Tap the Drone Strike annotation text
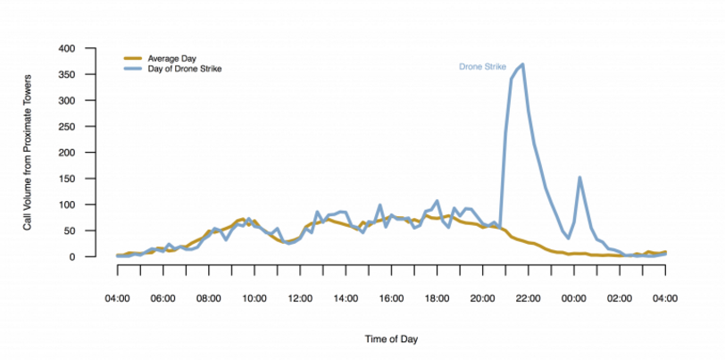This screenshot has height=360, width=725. click(481, 67)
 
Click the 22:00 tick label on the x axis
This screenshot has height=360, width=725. click(528, 298)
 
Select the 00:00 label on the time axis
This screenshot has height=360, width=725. click(573, 298)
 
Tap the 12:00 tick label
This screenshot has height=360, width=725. click(300, 298)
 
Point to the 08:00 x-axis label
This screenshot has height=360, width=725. click(208, 298)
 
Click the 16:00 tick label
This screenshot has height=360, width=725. click(391, 298)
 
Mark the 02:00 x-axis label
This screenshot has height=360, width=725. click(619, 298)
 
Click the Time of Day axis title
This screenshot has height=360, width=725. click(390, 339)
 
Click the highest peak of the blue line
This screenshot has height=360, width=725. click(521, 64)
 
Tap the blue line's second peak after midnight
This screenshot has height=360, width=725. click(579, 178)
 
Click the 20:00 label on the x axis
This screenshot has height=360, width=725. click(482, 298)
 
